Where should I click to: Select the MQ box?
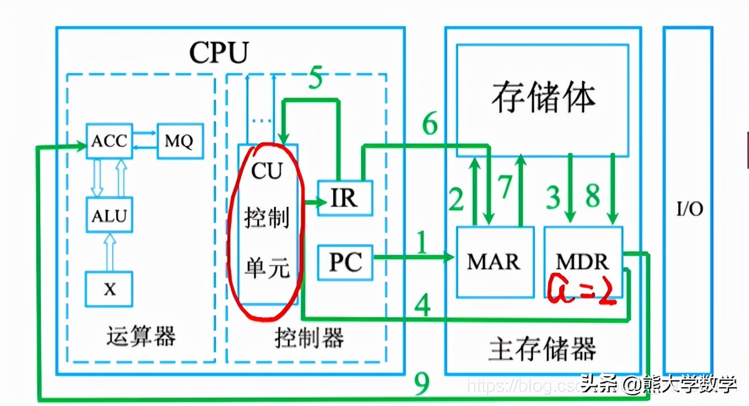(x=179, y=141)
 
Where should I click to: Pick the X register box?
(x=109, y=289)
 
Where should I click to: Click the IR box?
(x=345, y=198)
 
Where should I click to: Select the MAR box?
(x=494, y=262)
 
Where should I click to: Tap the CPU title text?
(x=218, y=53)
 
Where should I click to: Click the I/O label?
(x=690, y=209)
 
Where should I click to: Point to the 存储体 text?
(x=543, y=98)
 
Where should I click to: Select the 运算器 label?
(x=141, y=336)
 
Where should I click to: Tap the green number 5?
(x=315, y=79)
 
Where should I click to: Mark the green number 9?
(x=422, y=384)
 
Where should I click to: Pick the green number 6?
(x=429, y=125)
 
